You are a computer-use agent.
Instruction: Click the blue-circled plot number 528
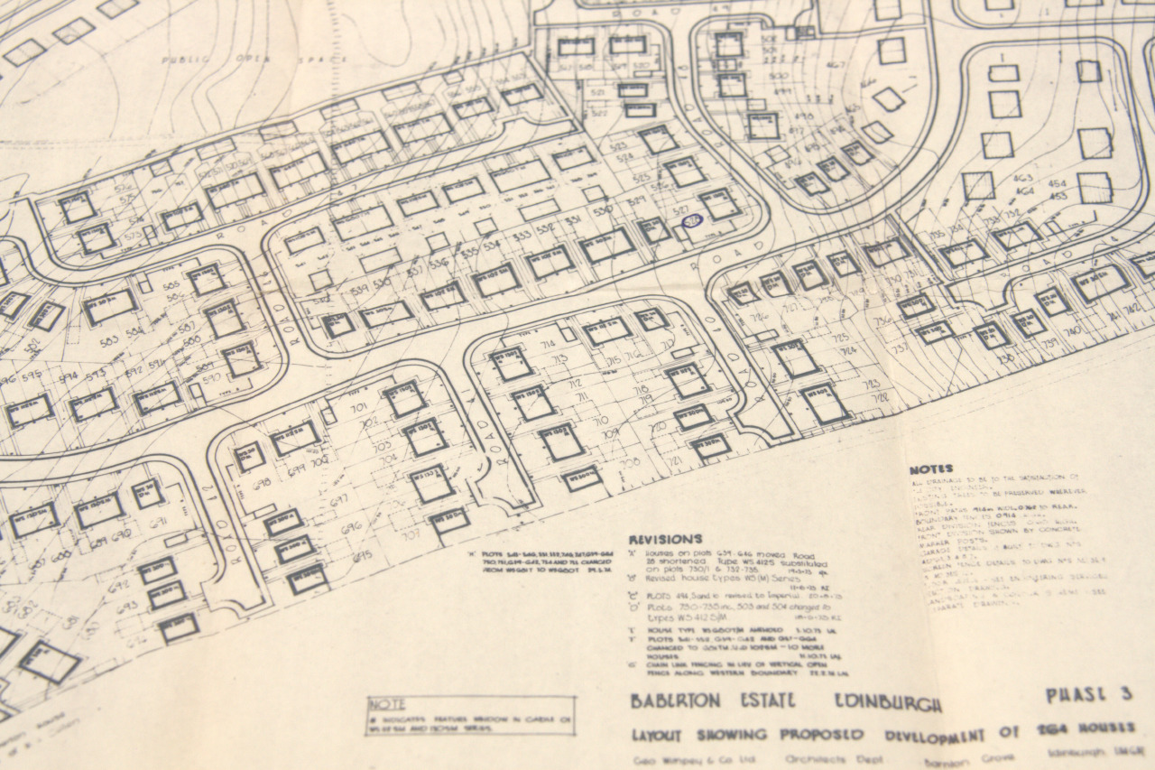click(x=692, y=219)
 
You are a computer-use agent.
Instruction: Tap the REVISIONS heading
click(x=665, y=538)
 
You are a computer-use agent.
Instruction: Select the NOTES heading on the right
click(x=930, y=469)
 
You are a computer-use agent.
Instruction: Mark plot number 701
click(x=358, y=409)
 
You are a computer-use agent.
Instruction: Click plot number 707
click(x=411, y=534)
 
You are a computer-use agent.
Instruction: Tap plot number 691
click(x=159, y=523)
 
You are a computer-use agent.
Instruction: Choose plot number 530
click(x=603, y=209)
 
